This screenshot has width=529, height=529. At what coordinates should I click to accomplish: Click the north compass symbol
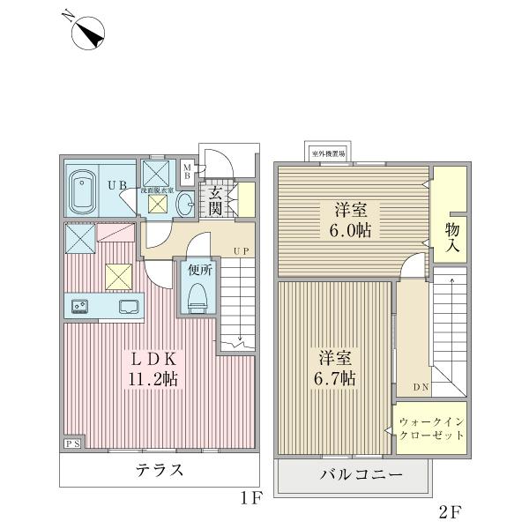coord(85,32)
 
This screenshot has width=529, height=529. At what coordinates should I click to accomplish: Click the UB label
coord(116,186)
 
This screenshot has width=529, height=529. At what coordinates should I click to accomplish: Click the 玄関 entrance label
coord(215,202)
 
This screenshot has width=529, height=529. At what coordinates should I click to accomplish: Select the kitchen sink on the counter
coord(129,307)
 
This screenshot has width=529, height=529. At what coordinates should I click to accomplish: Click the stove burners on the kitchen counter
coord(78,307)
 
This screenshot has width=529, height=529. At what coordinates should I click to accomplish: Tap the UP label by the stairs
coord(242,251)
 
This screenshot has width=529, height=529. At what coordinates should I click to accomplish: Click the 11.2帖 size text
coord(155,379)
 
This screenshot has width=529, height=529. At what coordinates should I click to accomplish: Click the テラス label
coord(160,470)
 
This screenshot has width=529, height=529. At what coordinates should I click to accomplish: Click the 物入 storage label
coord(452,238)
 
